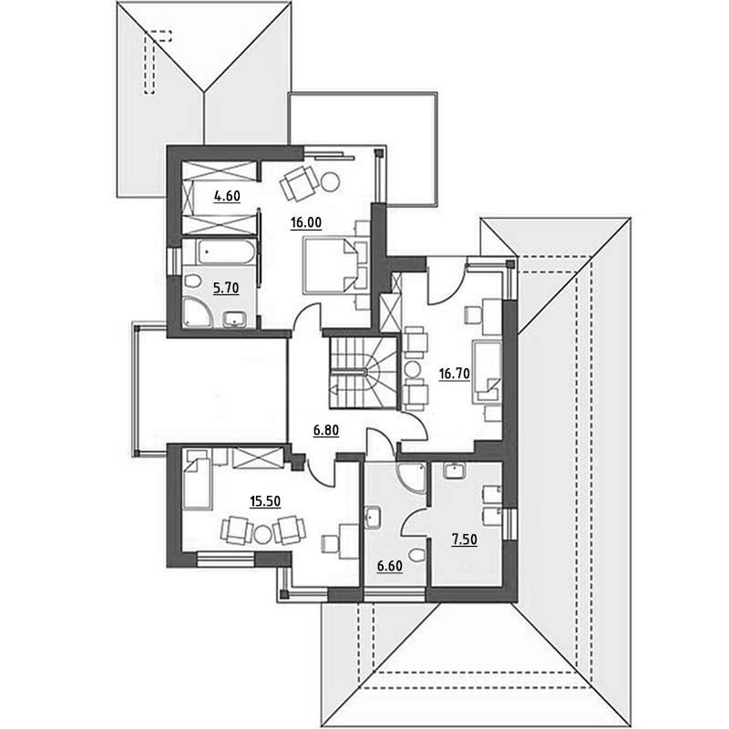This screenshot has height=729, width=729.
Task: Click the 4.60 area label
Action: [227, 196]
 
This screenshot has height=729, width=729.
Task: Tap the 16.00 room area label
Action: [306, 223]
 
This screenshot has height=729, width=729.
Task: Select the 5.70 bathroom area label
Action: [226, 289]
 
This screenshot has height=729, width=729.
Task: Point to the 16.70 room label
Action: [454, 374]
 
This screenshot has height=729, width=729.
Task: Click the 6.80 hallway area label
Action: [326, 430]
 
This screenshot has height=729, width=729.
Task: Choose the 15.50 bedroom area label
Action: [265, 502]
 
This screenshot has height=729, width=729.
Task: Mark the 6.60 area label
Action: [390, 566]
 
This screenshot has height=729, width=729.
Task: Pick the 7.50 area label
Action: [464, 539]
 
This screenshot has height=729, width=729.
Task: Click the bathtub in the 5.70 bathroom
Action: [225, 252]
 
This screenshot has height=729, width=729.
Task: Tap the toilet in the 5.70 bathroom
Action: [192, 281]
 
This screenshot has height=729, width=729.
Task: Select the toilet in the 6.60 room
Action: [417, 555]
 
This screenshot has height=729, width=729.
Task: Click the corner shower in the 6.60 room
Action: [411, 477]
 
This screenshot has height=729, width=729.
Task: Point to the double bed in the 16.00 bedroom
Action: [330, 265]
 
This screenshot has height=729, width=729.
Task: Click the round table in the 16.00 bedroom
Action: [331, 180]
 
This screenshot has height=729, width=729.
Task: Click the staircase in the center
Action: [364, 374]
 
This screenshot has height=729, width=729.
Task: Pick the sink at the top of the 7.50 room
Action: [454, 471]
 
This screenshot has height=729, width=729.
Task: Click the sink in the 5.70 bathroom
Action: [235, 320]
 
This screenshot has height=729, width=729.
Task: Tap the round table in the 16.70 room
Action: [413, 370]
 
